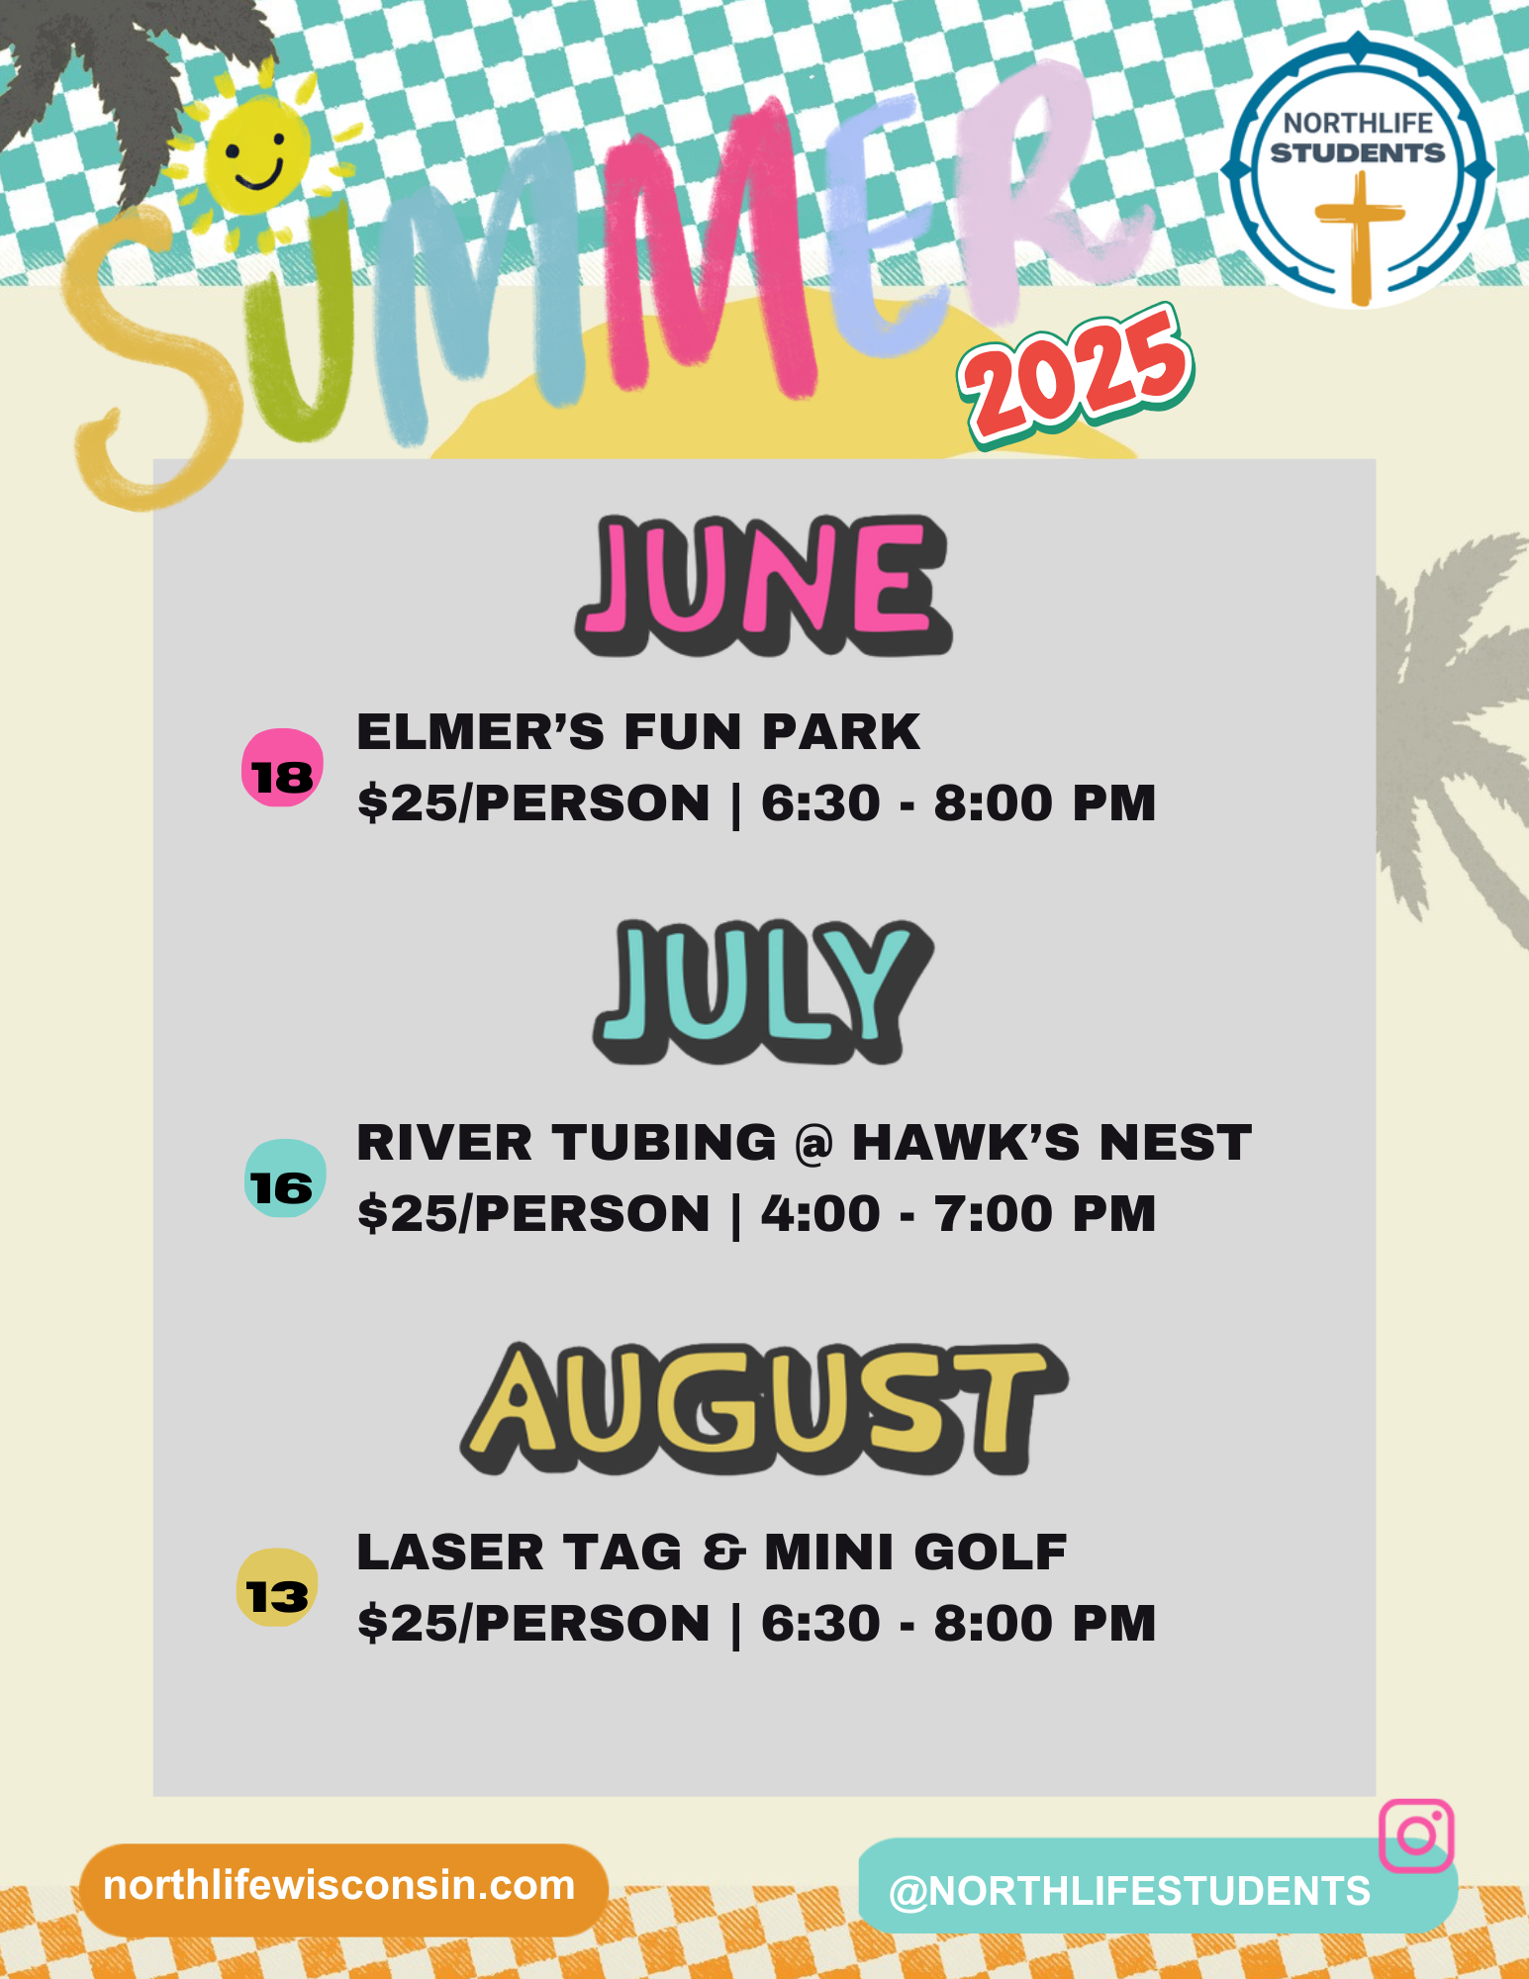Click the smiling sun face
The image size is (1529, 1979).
pos(255,158)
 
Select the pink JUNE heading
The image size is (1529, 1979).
pos(763,585)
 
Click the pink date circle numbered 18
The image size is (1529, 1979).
pos(282,768)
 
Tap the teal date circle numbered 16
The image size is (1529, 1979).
pos(285,1178)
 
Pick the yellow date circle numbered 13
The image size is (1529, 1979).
pos(277,1587)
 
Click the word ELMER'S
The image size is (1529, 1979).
pos(480,732)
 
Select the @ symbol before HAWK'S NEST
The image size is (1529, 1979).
pos(814,1145)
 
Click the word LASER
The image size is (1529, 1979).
pos(451,1553)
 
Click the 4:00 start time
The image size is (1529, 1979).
pos(820,1214)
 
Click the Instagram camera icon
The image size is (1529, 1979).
pos(1416,1836)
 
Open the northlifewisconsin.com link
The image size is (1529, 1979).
pos(339,1886)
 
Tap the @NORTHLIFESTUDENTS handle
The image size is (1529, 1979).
pos(1129,1892)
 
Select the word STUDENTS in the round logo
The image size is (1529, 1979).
pos(1358,153)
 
